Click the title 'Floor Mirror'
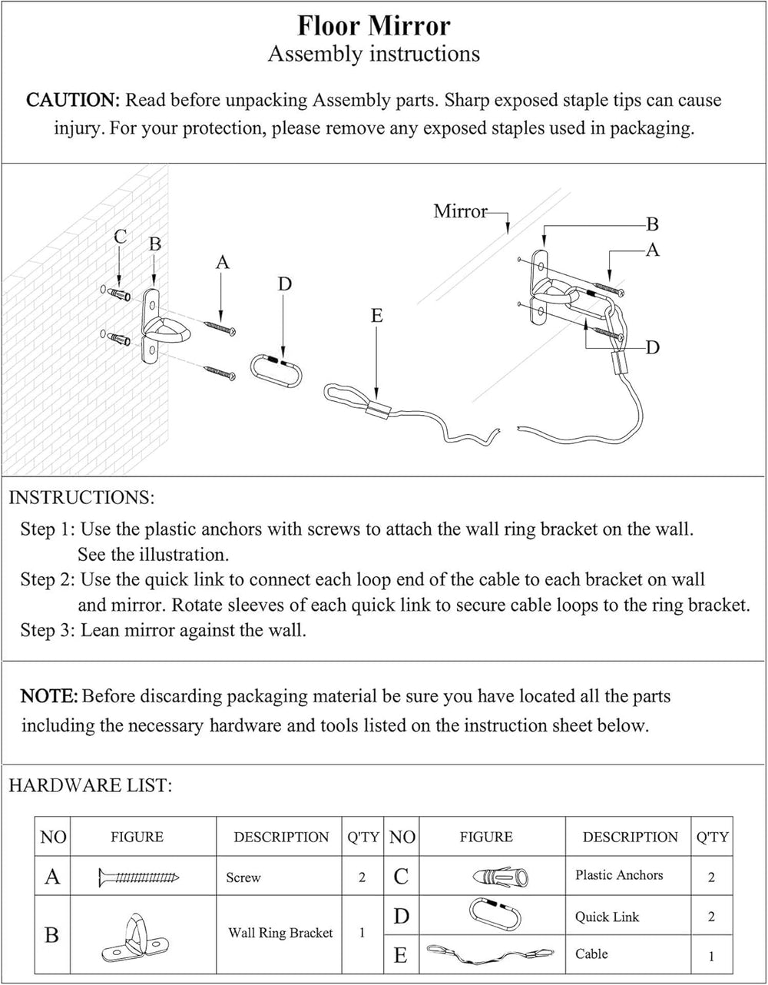[374, 26]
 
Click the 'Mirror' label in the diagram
[460, 211]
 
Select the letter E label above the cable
[376, 316]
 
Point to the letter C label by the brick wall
[120, 237]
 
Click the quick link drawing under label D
[277, 369]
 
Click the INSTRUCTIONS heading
[81, 497]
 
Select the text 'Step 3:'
[48, 631]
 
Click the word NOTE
[48, 697]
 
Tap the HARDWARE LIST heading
[90, 785]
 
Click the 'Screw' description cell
[243, 877]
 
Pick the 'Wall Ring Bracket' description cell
[280, 933]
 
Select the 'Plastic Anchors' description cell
[619, 875]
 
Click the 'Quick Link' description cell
[607, 917]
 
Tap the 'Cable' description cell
[591, 954]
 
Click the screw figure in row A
[139, 876]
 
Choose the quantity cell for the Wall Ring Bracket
[362, 933]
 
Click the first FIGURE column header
[137, 837]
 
